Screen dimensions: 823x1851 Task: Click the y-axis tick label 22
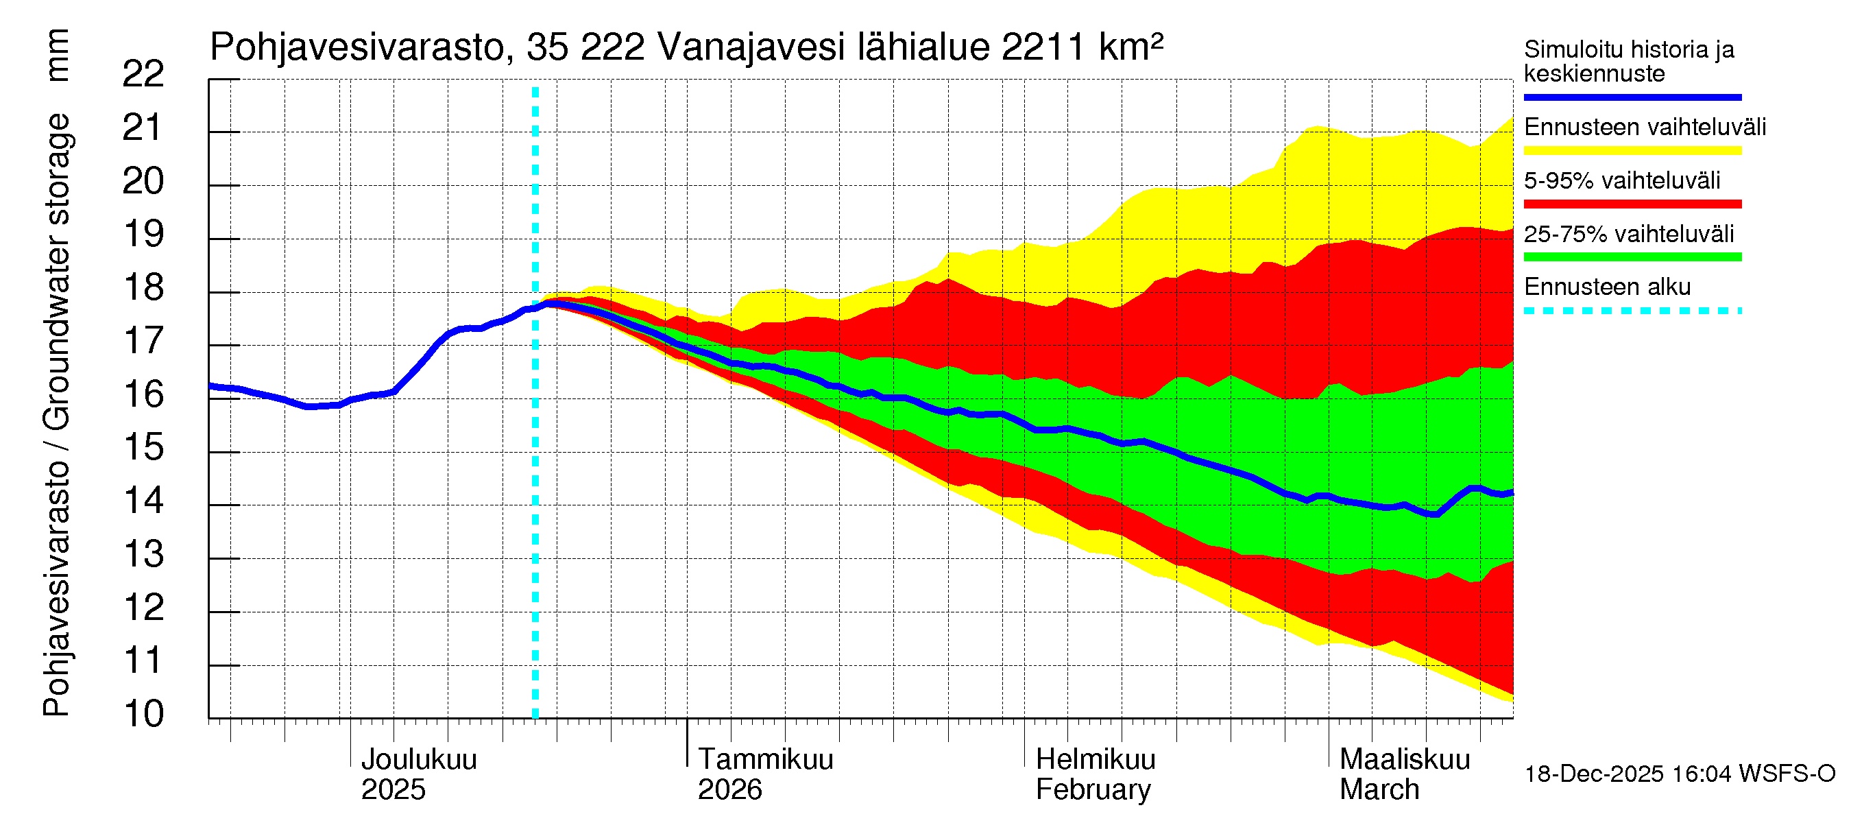coord(143,74)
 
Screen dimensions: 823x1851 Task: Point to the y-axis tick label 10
coord(143,714)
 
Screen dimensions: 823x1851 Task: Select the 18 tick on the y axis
coord(143,287)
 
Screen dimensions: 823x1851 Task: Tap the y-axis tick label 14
coord(143,500)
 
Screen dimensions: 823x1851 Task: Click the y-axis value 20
coord(143,181)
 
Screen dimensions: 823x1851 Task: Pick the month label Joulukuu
coord(418,760)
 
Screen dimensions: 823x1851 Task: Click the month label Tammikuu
coord(765,760)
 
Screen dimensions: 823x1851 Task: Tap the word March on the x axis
coord(1379,790)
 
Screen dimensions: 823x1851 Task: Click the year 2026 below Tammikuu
coord(729,790)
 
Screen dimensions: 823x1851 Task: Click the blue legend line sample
coord(1632,97)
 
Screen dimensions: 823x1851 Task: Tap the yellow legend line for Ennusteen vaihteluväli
coord(1632,151)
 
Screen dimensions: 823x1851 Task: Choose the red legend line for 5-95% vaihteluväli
coord(1632,204)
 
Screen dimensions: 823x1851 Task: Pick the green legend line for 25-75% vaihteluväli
coord(1632,257)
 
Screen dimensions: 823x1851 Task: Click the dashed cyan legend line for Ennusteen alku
coord(1632,311)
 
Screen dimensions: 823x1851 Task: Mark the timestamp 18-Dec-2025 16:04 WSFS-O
coord(1679,774)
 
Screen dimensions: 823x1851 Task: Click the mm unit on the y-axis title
coord(58,56)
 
